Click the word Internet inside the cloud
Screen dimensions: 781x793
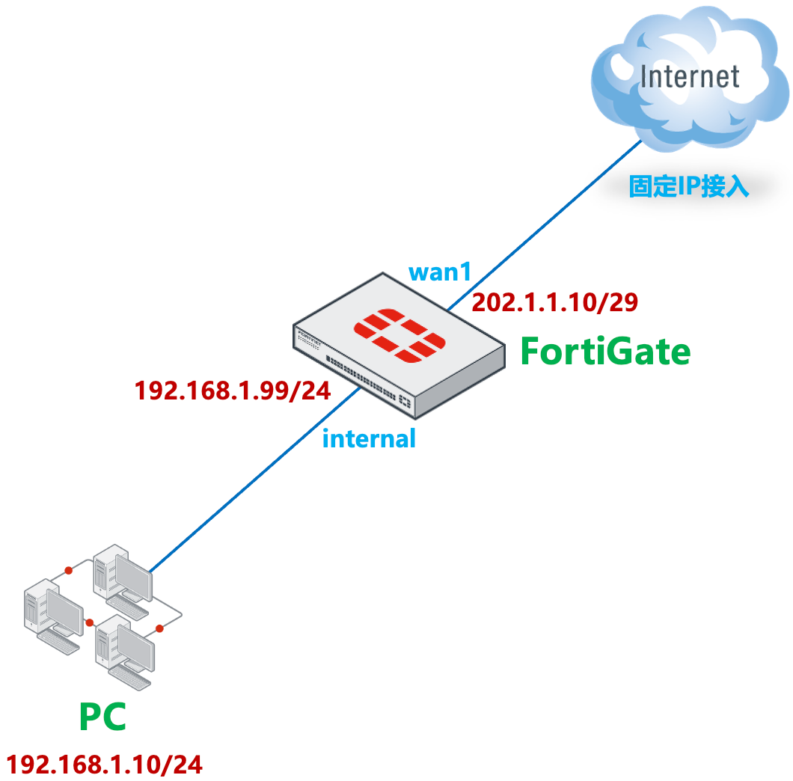[690, 76]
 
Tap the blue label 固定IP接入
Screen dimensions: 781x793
[688, 186]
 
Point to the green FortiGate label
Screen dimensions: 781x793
[605, 352]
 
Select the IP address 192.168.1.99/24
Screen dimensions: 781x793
[232, 390]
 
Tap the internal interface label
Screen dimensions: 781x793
[369, 438]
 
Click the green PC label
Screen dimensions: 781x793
[102, 717]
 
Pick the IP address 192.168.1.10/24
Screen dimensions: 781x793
[104, 765]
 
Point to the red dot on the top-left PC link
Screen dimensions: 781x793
[68, 571]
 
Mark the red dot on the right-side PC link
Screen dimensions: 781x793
[159, 628]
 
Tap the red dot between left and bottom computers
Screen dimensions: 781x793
[90, 622]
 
